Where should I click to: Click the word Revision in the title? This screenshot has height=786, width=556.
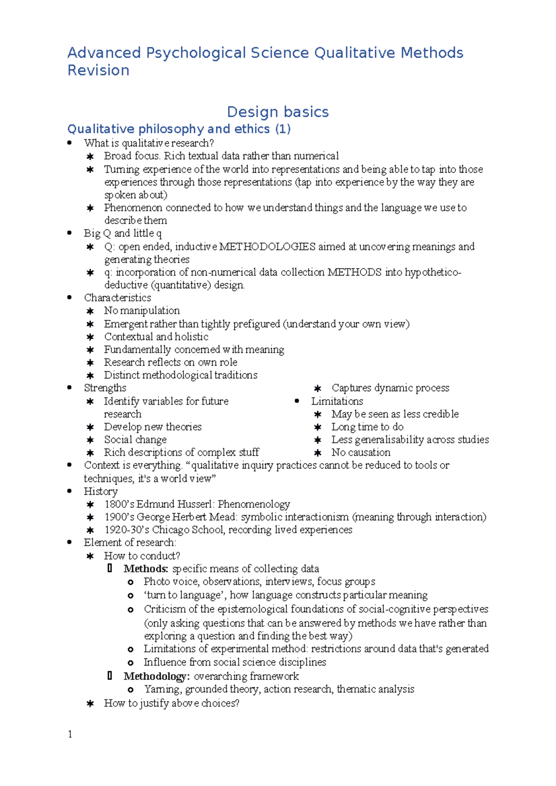pyautogui.click(x=98, y=70)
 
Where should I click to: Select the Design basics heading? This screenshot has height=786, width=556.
pyautogui.click(x=278, y=112)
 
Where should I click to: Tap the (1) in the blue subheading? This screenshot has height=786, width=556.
pyautogui.click(x=283, y=129)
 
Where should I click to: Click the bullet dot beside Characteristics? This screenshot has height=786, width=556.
pyautogui.click(x=69, y=298)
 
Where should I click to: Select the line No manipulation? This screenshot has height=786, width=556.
pyautogui.click(x=142, y=311)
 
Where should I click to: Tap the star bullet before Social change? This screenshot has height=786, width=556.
pyautogui.click(x=90, y=440)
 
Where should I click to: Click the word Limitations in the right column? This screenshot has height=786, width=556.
pyautogui.click(x=337, y=401)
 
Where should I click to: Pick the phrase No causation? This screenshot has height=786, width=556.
pyautogui.click(x=360, y=452)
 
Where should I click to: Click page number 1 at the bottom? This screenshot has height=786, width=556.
pyautogui.click(x=70, y=734)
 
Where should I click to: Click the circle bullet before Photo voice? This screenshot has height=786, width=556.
pyautogui.click(x=131, y=582)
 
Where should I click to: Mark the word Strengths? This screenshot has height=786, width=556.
pyautogui.click(x=105, y=388)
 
